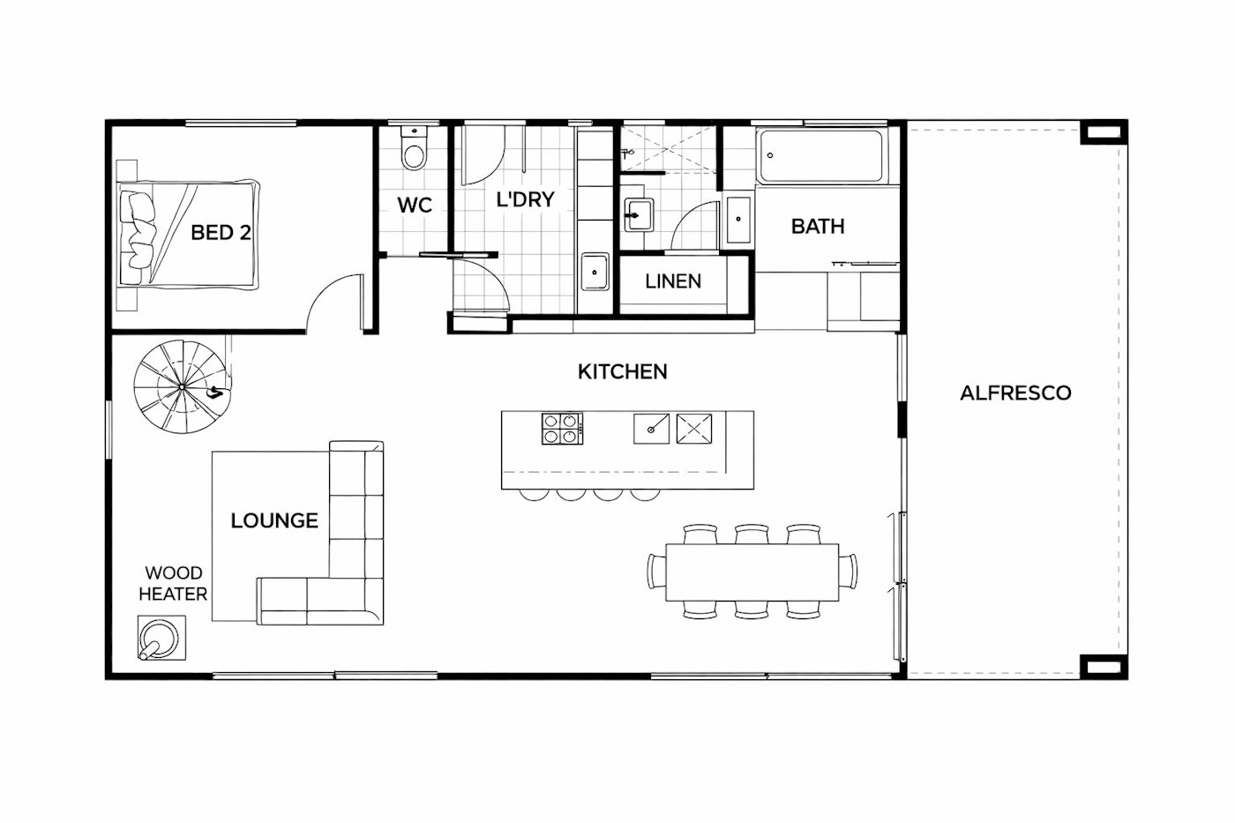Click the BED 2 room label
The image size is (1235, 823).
pyautogui.click(x=221, y=233)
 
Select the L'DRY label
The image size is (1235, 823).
pyautogui.click(x=525, y=199)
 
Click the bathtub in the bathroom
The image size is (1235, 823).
pyautogui.click(x=821, y=156)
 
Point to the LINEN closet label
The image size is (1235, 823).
pyautogui.click(x=673, y=281)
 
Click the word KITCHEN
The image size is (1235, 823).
pyautogui.click(x=623, y=372)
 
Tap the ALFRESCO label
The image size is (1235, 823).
pyautogui.click(x=1015, y=393)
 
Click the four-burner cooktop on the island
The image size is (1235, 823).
pyautogui.click(x=562, y=429)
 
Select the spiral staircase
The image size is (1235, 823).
pyautogui.click(x=182, y=386)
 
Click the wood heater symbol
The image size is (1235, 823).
pyautogui.click(x=161, y=638)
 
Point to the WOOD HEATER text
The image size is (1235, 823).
pyautogui.click(x=173, y=584)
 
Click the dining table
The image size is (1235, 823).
pyautogui.click(x=752, y=572)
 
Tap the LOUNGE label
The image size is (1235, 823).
pyautogui.click(x=274, y=521)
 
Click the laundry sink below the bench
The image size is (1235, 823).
pyautogui.click(x=595, y=273)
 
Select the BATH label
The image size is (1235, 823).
pyautogui.click(x=818, y=227)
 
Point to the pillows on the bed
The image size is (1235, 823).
pyautogui.click(x=138, y=230)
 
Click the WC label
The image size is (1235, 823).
pyautogui.click(x=415, y=206)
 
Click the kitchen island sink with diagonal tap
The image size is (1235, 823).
pyautogui.click(x=651, y=429)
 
